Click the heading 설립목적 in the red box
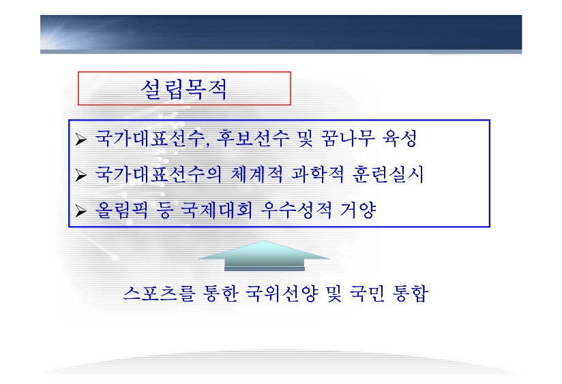184,89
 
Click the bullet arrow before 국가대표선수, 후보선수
80,139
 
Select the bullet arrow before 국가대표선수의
80,176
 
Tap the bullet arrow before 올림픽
80,211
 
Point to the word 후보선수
252,138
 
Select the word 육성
400,138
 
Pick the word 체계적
256,174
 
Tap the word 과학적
318,174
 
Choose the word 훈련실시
388,174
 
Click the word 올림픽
121,210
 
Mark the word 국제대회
216,210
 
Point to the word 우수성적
297,210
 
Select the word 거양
358,210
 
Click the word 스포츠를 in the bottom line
159,293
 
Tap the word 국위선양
282,293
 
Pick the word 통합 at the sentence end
411,293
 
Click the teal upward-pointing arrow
264,255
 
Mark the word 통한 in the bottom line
220,293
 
